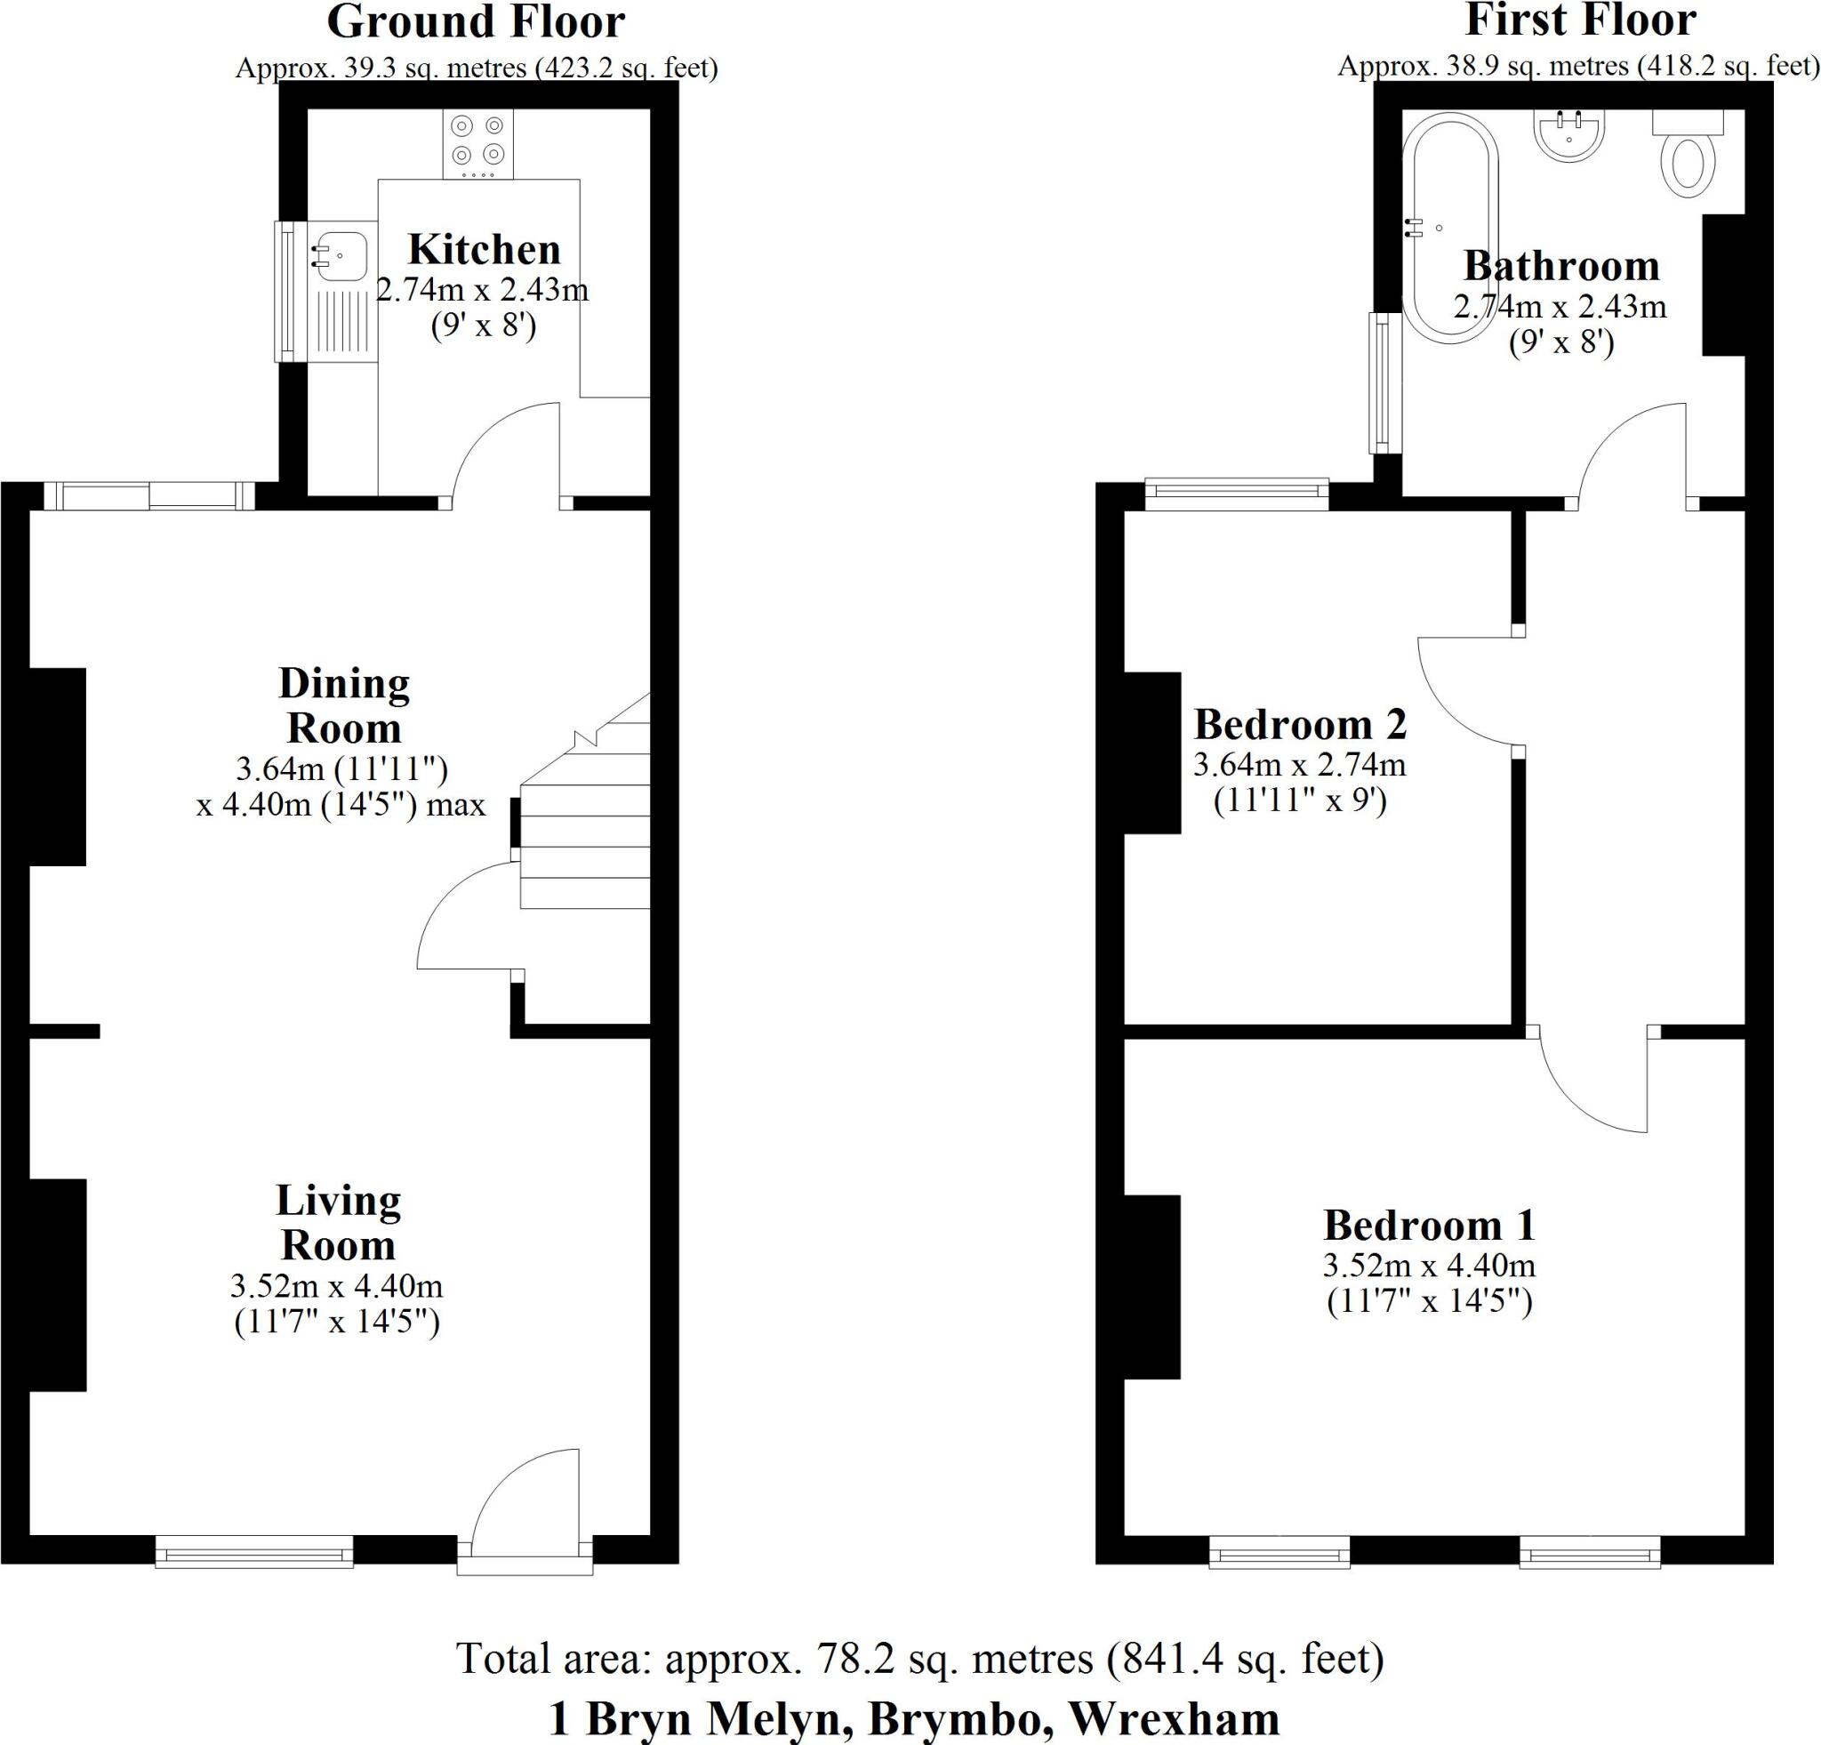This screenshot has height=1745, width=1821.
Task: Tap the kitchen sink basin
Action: click(x=340, y=253)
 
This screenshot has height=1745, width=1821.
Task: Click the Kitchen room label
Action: click(x=484, y=250)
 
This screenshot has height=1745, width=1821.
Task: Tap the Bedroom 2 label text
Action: click(x=1300, y=725)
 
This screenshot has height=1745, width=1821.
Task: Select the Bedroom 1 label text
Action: click(x=1429, y=1226)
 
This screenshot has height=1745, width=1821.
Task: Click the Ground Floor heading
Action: click(x=476, y=22)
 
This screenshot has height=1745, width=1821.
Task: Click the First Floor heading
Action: click(x=1580, y=20)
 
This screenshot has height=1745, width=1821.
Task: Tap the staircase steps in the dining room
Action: click(x=583, y=832)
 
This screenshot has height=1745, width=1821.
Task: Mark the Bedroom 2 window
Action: click(x=1237, y=494)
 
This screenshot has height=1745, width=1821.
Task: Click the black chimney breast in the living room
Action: click(x=58, y=1285)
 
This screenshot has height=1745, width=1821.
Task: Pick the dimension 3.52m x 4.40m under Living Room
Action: click(x=336, y=1287)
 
